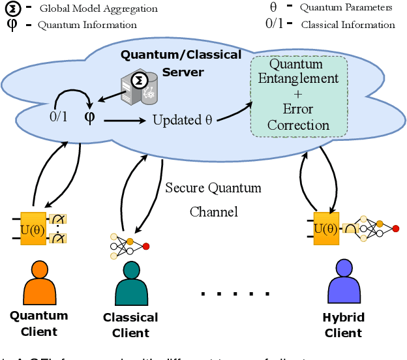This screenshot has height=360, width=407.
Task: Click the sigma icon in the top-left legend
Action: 12,8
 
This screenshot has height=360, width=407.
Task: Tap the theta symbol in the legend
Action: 273,8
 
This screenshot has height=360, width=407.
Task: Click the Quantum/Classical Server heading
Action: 181,63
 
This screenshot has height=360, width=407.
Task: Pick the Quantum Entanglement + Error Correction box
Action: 299,95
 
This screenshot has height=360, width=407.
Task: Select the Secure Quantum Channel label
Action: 213,200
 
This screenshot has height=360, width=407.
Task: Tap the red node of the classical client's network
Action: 145,246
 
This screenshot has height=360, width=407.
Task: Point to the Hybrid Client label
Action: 343,325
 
